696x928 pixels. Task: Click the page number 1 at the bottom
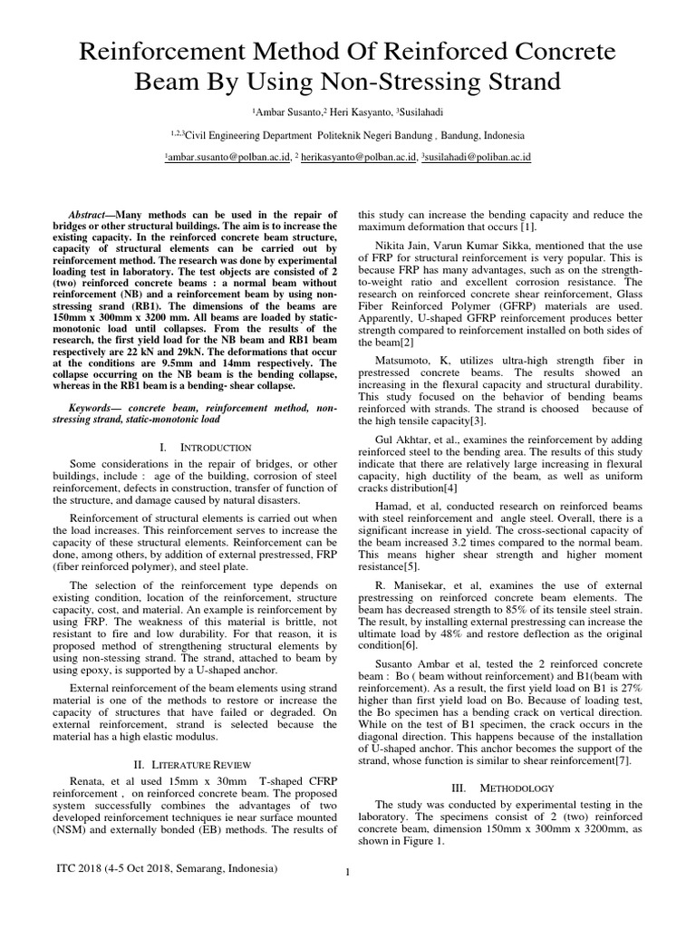[x=348, y=873]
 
